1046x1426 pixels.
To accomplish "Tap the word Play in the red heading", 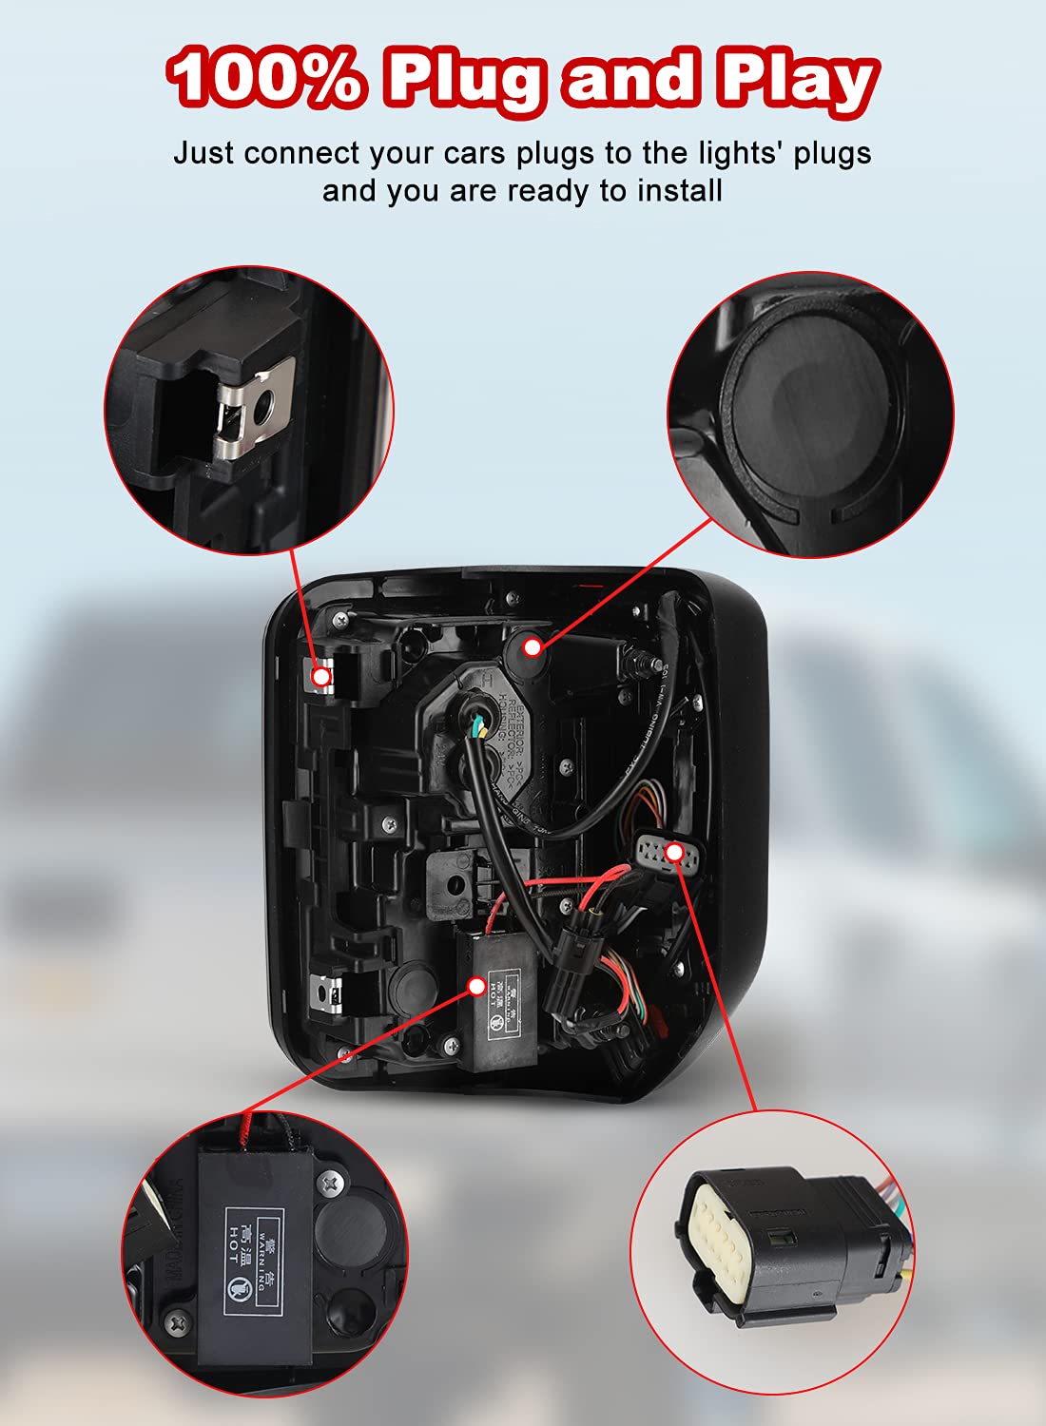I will (x=796, y=80).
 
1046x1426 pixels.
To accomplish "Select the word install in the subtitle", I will (x=679, y=190).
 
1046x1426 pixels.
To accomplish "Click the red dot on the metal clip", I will (x=322, y=677).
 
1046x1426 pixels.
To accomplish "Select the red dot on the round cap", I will (x=533, y=647).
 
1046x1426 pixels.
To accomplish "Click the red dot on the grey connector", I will (x=674, y=852).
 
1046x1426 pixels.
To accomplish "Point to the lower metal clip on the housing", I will (x=331, y=994).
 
